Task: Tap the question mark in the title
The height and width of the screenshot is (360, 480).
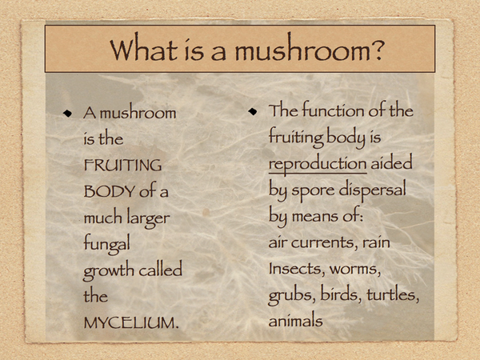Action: (x=375, y=48)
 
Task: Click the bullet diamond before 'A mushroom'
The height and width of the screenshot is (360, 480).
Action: (x=67, y=114)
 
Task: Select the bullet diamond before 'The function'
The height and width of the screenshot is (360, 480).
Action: (x=253, y=111)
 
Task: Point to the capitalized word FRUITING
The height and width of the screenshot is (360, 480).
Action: (x=122, y=166)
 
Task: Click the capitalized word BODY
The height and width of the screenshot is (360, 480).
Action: (x=110, y=192)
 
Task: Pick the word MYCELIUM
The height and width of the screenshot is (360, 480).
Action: (x=131, y=323)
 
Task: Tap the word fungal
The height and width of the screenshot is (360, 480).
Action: (x=107, y=244)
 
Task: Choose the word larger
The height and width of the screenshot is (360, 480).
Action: (x=149, y=218)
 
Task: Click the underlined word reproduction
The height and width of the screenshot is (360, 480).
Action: (x=318, y=164)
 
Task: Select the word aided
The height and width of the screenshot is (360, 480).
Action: (x=391, y=162)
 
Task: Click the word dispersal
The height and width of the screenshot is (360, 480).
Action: (x=372, y=189)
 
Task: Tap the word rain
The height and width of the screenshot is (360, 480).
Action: (x=376, y=242)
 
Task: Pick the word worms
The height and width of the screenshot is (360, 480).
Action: (x=355, y=270)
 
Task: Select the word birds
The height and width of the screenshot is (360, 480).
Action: (x=341, y=294)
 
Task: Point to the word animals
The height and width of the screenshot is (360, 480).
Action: (x=295, y=321)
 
